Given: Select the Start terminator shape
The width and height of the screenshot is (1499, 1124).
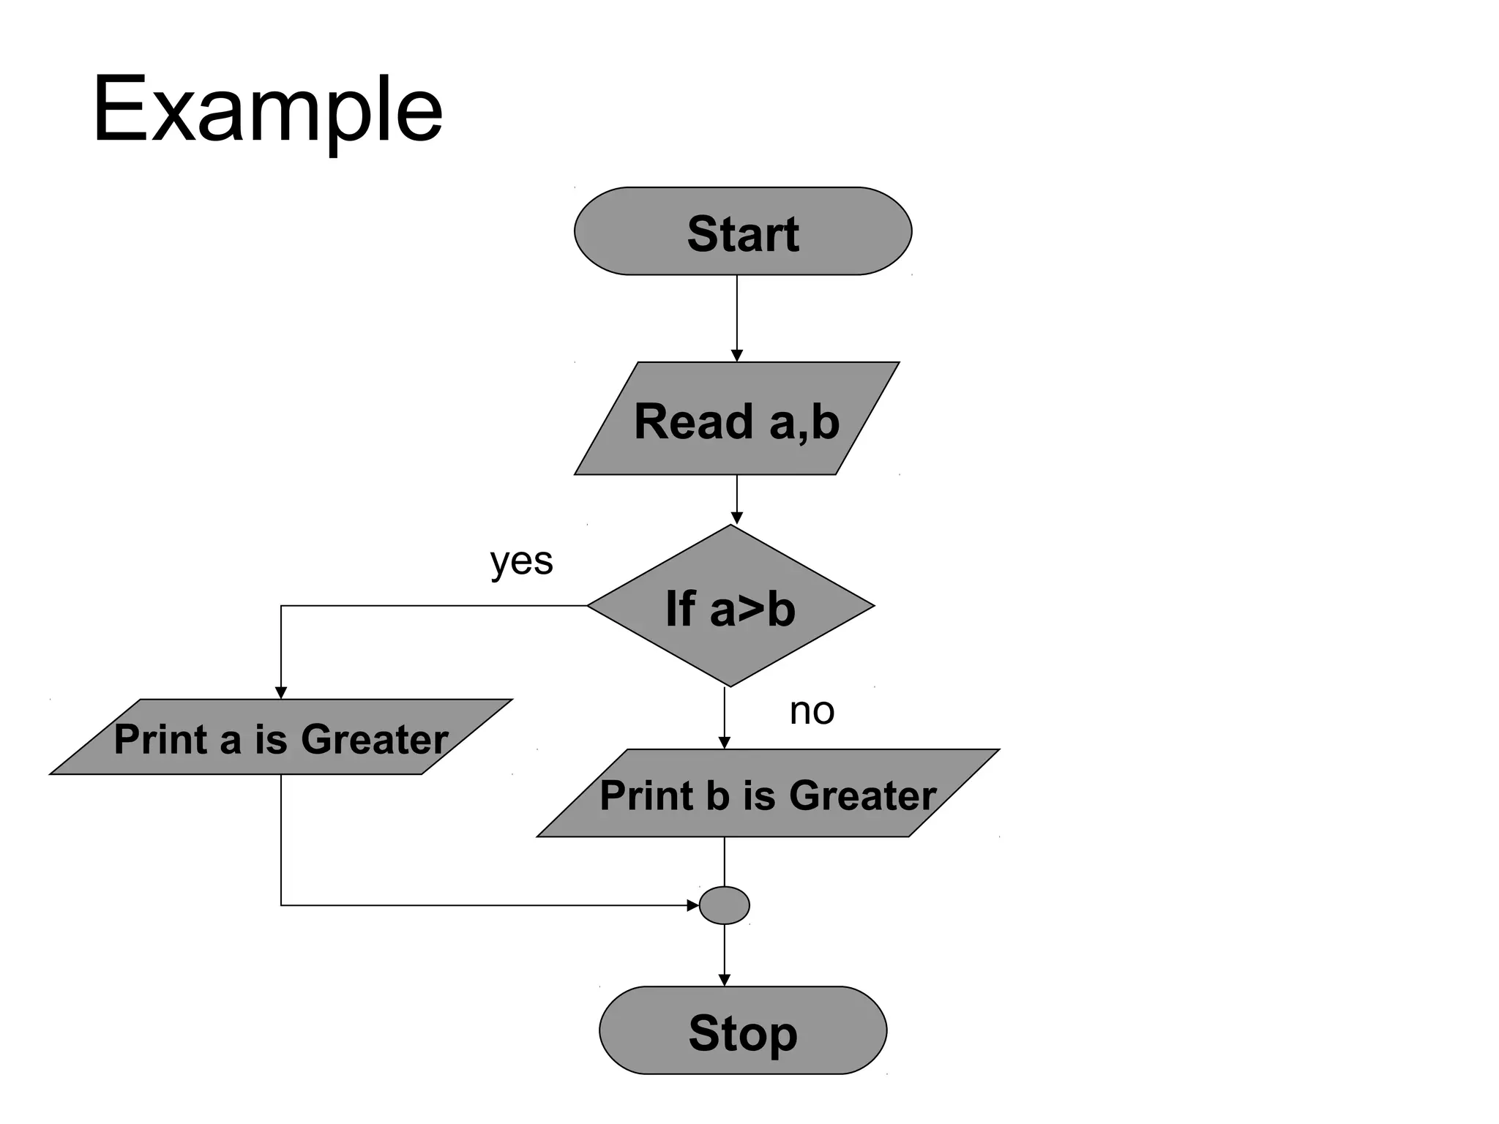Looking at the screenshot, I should tap(742, 231).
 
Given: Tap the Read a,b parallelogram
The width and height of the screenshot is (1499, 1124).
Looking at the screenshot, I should tap(736, 419).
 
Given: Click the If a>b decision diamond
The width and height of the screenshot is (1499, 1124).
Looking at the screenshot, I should tap(730, 607).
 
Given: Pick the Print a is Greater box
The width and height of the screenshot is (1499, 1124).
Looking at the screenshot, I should tap(281, 737).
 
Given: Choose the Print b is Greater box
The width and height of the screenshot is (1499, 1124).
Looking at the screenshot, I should tap(768, 793).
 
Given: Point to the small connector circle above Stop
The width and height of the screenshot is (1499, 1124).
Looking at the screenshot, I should tap(724, 905).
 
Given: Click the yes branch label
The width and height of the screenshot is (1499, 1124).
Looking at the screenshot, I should tap(521, 562).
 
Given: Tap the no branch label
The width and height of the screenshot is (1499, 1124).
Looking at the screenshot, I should tap(812, 711).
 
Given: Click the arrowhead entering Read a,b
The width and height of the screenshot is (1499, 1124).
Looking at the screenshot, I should tap(737, 356).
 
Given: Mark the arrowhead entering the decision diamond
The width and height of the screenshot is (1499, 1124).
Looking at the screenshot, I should tap(737, 518).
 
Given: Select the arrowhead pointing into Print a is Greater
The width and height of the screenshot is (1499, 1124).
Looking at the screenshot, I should tap(280, 692).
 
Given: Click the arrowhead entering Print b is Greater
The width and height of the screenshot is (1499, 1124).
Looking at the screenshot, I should tap(725, 743).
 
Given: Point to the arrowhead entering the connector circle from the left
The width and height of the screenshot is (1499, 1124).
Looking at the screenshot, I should tap(692, 905).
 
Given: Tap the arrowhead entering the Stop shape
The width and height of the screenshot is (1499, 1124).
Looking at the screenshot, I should tap(725, 980).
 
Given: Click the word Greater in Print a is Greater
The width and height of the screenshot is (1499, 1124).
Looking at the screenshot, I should tap(374, 739).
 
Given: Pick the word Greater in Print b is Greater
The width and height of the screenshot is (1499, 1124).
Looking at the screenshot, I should tap(862, 795).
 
